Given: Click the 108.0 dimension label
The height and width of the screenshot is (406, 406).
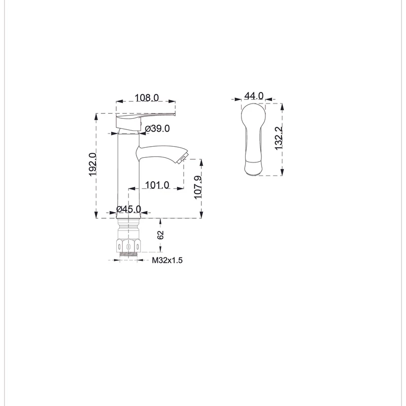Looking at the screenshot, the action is [147, 97].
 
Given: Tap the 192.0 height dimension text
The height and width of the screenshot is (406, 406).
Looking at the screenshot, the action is [92, 164].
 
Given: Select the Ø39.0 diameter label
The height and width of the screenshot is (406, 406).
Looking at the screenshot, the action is [157, 128].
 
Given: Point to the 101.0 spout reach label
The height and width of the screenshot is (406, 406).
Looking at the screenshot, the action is [157, 185].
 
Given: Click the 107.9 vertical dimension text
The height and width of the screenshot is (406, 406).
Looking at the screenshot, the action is [198, 187].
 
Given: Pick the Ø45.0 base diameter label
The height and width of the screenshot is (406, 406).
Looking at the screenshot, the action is [129, 209].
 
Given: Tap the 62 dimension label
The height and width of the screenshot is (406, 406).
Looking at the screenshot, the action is [160, 235].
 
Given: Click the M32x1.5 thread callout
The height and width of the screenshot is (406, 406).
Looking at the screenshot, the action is [167, 260].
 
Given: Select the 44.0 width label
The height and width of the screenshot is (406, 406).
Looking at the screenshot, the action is [254, 96].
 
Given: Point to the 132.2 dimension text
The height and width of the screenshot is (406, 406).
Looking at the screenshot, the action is [279, 138].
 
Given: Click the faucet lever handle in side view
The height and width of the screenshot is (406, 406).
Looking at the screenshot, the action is [146, 121].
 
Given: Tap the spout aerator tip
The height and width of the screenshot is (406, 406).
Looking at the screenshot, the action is [182, 158].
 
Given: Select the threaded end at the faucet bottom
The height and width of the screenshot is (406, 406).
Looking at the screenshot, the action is [128, 254].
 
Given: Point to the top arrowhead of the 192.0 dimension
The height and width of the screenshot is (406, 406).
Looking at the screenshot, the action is [96, 117].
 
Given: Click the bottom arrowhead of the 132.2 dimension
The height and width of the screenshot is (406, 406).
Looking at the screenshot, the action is [282, 172].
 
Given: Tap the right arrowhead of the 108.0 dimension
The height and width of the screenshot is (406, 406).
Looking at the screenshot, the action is [172, 101].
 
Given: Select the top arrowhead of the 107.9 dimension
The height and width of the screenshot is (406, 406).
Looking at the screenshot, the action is [201, 162].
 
